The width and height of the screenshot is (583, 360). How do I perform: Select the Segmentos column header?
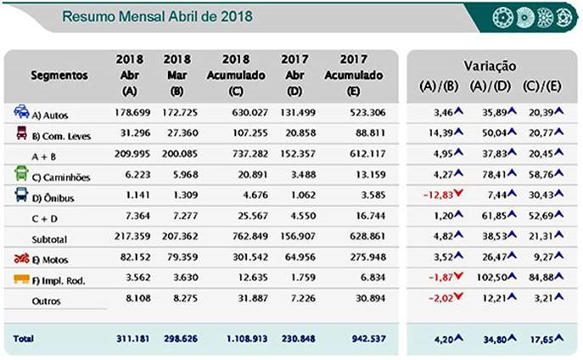click(59, 75)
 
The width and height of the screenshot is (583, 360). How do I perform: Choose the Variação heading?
click(491, 65)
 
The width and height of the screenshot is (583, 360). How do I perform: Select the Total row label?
click(24, 339)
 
